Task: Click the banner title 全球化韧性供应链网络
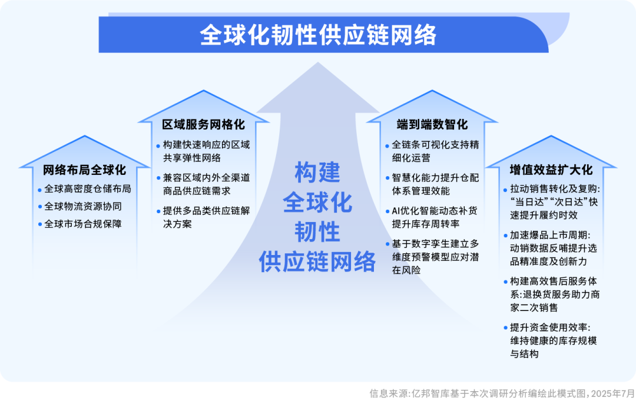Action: pyautogui.click(x=318, y=35)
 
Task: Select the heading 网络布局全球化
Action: pyautogui.click(x=84, y=170)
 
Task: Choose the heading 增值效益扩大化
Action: pyautogui.click(x=551, y=170)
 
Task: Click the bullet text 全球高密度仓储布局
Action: pyautogui.click(x=87, y=190)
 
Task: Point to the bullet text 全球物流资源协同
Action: pyautogui.click(x=82, y=207)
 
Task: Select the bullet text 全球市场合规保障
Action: pyautogui.click(x=82, y=224)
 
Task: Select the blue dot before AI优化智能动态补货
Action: pyautogui.click(x=387, y=210)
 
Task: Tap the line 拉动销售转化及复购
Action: pyautogui.click(x=554, y=190)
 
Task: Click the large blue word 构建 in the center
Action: pyautogui.click(x=317, y=173)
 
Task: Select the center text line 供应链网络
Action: pyautogui.click(x=317, y=261)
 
